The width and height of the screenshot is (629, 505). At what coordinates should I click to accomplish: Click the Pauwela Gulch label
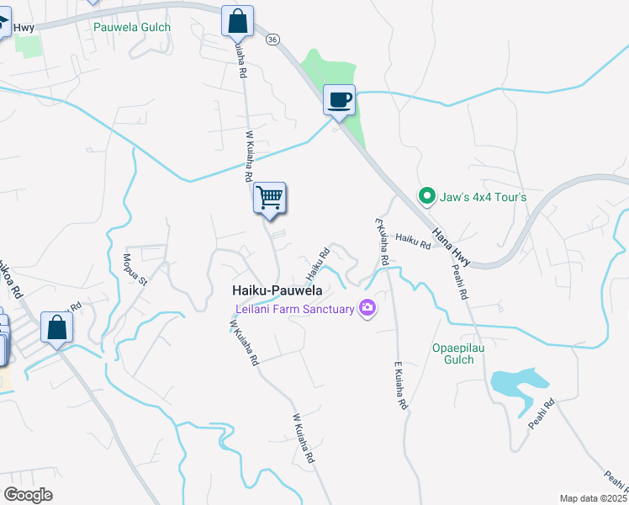[132, 27]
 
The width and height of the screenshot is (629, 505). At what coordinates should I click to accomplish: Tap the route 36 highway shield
[272, 40]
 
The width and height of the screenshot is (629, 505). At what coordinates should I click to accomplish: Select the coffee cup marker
[340, 101]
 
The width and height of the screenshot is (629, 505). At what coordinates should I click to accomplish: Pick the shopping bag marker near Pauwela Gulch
[238, 20]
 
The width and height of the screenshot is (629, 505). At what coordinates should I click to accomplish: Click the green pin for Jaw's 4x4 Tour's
[427, 197]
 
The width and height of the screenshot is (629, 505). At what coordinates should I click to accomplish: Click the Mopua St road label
[135, 268]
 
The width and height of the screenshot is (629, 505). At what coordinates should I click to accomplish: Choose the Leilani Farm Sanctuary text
[293, 309]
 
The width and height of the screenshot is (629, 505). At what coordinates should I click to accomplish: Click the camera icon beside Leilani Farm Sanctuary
[367, 309]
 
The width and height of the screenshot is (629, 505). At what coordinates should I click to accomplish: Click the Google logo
[28, 495]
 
